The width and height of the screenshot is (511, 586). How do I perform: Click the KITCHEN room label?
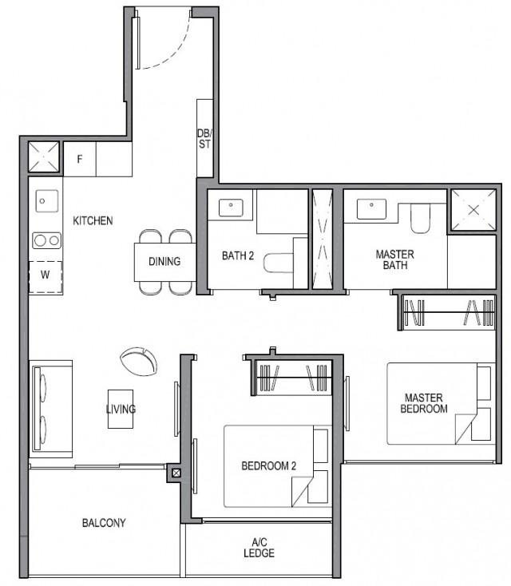click(93, 220)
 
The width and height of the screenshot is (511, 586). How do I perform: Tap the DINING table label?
click(164, 261)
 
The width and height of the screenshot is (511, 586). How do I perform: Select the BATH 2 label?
click(237, 256)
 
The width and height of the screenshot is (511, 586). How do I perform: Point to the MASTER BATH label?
click(394, 259)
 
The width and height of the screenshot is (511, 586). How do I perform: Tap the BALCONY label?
click(104, 524)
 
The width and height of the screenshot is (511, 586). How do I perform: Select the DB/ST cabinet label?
click(204, 139)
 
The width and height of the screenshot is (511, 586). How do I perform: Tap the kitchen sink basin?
click(46, 201)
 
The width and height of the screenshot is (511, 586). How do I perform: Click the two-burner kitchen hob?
click(46, 240)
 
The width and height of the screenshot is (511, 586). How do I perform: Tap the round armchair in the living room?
click(139, 360)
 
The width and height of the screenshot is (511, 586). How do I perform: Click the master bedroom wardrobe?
click(447, 312)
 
